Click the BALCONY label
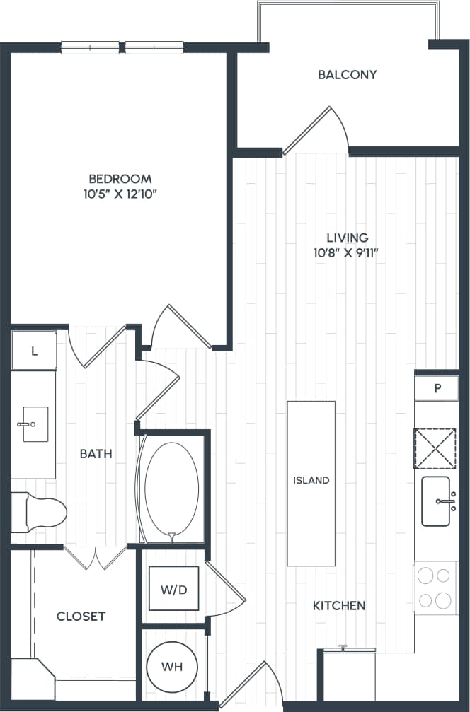[x=347, y=74]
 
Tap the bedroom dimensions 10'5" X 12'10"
[x=120, y=194]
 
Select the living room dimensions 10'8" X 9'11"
[x=347, y=252]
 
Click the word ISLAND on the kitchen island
[x=311, y=480]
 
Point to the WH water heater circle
[x=168, y=666]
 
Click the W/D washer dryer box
[x=173, y=588]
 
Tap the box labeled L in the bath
[x=34, y=351]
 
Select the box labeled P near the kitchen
[x=436, y=388]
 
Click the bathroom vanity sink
[x=35, y=424]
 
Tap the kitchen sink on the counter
[x=437, y=501]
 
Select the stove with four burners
[x=435, y=588]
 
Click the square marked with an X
[x=435, y=448]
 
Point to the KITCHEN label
[x=340, y=605]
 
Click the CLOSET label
[x=81, y=617]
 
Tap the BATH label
[x=96, y=454]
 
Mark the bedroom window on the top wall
[x=122, y=47]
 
